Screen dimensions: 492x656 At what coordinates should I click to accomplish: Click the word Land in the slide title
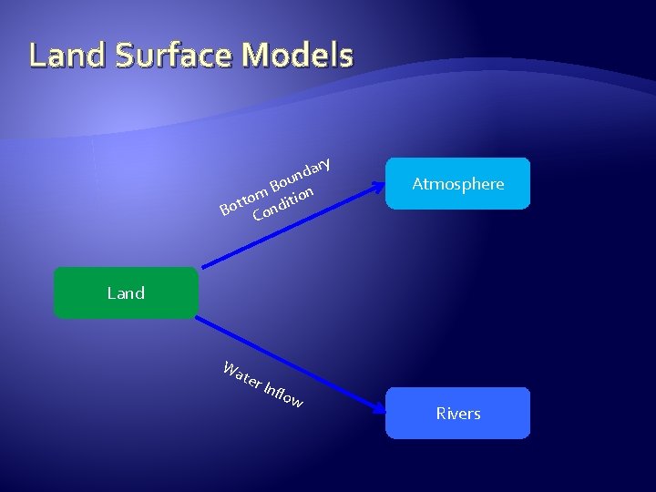[70, 56]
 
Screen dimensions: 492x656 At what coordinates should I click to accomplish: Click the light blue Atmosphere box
[457, 184]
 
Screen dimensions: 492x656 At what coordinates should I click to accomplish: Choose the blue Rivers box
[457, 414]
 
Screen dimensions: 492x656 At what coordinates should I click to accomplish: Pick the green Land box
[126, 292]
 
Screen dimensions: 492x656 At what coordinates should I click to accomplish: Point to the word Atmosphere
[457, 184]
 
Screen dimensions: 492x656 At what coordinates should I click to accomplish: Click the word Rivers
[457, 414]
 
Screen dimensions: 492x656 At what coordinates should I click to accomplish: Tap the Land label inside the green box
[126, 292]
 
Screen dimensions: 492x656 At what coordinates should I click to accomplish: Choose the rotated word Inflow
[283, 395]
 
